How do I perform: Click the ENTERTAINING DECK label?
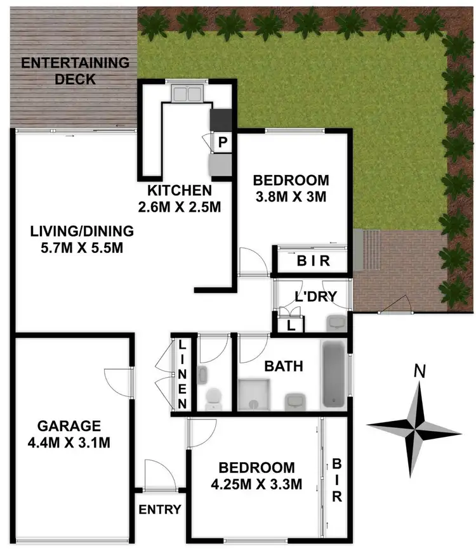pos(75,71)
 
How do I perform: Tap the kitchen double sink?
pos(187,94)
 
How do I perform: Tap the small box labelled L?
pos(290,325)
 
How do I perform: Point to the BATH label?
pos(283,366)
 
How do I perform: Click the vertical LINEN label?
pos(182,374)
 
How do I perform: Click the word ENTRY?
pos(160,509)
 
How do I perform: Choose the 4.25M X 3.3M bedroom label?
pos(256,476)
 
